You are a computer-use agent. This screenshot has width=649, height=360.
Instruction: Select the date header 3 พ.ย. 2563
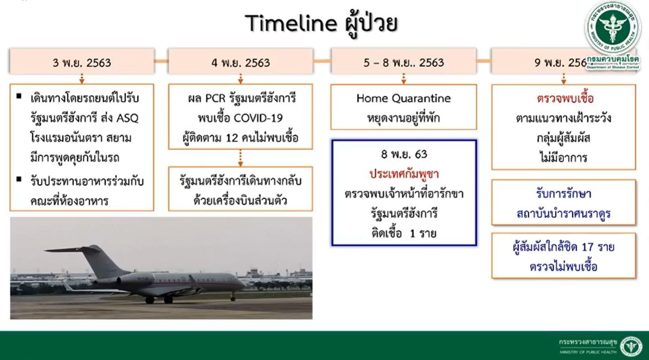point(82,63)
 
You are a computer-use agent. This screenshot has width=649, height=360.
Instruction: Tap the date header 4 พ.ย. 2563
point(241,63)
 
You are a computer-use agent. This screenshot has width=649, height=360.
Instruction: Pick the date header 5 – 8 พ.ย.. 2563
point(404,63)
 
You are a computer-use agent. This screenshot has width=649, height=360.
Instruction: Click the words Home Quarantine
point(404,98)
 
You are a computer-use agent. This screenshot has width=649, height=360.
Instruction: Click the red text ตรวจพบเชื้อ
point(565,98)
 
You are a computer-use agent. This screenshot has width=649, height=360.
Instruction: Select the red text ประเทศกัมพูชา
point(404,174)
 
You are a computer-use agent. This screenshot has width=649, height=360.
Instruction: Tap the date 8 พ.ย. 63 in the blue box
point(404,154)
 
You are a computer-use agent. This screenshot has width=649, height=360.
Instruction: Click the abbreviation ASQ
point(128,118)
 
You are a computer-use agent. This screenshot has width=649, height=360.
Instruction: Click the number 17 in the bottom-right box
point(588,247)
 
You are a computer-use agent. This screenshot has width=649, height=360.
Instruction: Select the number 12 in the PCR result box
point(232,138)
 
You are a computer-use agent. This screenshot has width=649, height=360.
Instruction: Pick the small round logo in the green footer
point(631,346)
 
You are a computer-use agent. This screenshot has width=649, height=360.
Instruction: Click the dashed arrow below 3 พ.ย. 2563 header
point(82,79)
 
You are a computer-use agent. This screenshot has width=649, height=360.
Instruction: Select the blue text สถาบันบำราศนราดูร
point(564,214)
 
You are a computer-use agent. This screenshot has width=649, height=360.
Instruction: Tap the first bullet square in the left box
point(19,96)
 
